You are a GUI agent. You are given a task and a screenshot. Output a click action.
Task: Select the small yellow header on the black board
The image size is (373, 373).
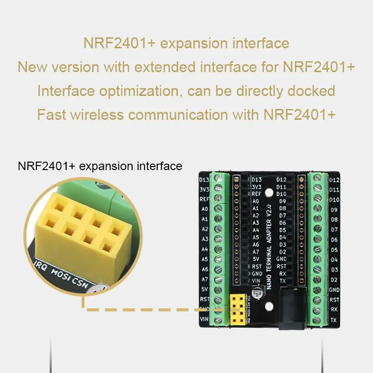tap(237, 308)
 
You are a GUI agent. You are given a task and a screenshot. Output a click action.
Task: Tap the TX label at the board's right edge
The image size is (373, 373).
tap(334, 320)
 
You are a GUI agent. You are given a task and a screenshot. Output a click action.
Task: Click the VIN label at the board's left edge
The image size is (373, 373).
tap(204, 319)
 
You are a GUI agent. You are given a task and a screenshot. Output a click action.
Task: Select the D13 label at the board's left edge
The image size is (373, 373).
tap(204, 180)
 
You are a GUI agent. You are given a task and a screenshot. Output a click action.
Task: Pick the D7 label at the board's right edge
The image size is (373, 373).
tap(334, 230)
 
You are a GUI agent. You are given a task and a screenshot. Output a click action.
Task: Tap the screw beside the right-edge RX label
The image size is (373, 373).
tap(317, 310)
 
